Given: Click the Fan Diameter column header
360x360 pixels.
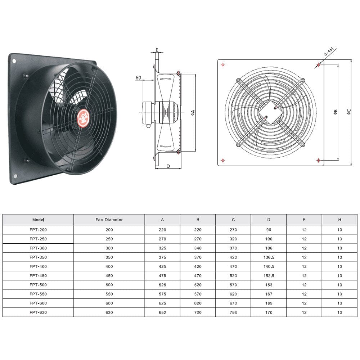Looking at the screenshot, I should pyautogui.click(x=109, y=220).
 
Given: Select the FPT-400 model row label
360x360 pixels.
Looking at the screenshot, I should pyautogui.click(x=38, y=266).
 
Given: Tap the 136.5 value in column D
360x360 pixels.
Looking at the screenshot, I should pyautogui.click(x=269, y=257).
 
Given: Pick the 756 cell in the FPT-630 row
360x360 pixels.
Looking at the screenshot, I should pyautogui.click(x=233, y=312).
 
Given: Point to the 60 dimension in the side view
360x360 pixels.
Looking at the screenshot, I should pyautogui.click(x=138, y=78).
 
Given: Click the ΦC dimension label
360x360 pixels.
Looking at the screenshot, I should pyautogui.click(x=349, y=112).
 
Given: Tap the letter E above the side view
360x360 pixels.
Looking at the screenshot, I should pyautogui.click(x=157, y=50).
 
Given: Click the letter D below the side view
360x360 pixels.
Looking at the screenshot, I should pyautogui.click(x=168, y=166).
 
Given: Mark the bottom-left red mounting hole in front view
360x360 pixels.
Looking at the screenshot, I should pyautogui.click(x=224, y=160).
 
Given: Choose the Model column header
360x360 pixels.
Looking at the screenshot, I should pyautogui.click(x=38, y=220).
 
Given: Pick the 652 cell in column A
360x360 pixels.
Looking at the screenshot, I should pyautogui.click(x=162, y=312).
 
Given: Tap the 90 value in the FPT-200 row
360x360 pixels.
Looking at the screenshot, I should pyautogui.click(x=269, y=230).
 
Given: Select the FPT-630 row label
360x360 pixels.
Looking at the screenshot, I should pyautogui.click(x=38, y=312).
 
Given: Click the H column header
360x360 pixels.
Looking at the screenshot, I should pyautogui.click(x=339, y=220).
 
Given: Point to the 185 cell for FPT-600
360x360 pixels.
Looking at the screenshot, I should pyautogui.click(x=269, y=303).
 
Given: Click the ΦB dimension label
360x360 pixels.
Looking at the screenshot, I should pyautogui.click(x=335, y=112).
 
